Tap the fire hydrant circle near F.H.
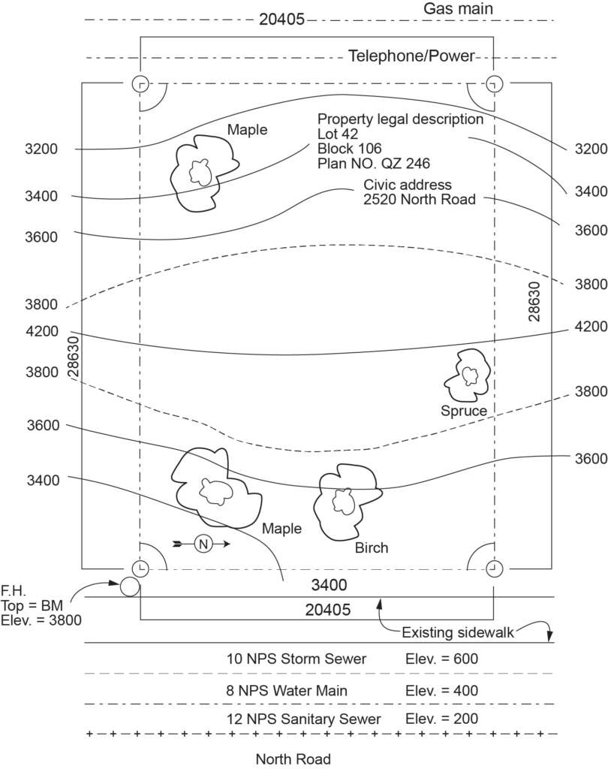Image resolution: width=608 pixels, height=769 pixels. [129, 587]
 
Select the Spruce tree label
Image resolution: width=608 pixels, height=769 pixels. [464, 411]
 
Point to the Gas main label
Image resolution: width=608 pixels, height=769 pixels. [458, 9]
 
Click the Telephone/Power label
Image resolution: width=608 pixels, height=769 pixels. [412, 56]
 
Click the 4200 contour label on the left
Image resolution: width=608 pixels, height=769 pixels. [41, 331]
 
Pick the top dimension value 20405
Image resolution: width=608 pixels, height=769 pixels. [281, 20]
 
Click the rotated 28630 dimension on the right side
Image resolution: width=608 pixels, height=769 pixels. [534, 303]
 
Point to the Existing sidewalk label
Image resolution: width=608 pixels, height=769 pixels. [457, 632]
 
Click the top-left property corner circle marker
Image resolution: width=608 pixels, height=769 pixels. [140, 83]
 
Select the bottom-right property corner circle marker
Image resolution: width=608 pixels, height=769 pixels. [493, 568]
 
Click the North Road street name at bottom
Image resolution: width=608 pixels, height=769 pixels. [293, 758]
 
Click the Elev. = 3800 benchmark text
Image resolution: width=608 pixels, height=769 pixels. [41, 620]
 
